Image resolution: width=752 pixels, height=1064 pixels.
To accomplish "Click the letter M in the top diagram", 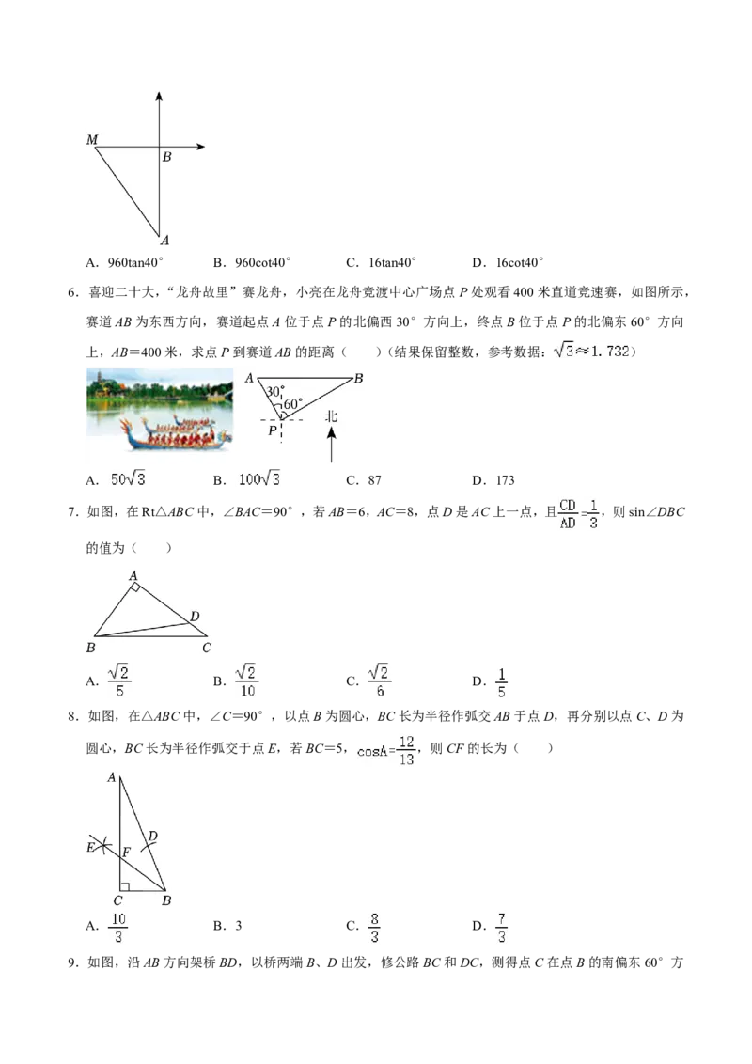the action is pos(92,140).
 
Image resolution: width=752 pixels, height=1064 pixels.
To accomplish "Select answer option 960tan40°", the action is pos(135,262).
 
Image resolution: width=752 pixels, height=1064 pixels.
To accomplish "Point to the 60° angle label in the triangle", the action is pos(293,404).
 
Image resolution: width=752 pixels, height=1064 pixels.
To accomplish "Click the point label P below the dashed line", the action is pos(273,430).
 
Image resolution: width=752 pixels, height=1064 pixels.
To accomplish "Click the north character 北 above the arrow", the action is pos(331,416).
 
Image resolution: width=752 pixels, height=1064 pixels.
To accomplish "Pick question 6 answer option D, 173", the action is pos(506,480).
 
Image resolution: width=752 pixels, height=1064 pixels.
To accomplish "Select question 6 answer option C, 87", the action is pos(375,480).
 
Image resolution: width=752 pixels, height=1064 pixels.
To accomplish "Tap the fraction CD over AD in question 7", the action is pos(568,514).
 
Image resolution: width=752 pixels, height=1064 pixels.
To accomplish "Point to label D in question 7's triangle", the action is pos(195,617).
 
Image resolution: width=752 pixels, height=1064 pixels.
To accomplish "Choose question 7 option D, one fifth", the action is pos(502,682).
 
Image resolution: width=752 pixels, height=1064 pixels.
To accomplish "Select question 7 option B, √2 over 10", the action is pos(247,681).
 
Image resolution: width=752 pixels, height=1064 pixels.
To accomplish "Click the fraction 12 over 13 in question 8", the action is pos(406,750).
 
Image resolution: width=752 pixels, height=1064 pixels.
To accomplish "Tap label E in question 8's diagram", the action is pos(91,848).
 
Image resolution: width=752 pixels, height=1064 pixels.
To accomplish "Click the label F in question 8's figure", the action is pos(126,853).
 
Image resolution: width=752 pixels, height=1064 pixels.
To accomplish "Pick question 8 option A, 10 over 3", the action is pos(118,928).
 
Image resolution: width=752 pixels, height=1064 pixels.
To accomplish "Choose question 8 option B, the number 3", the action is pos(238,926).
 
